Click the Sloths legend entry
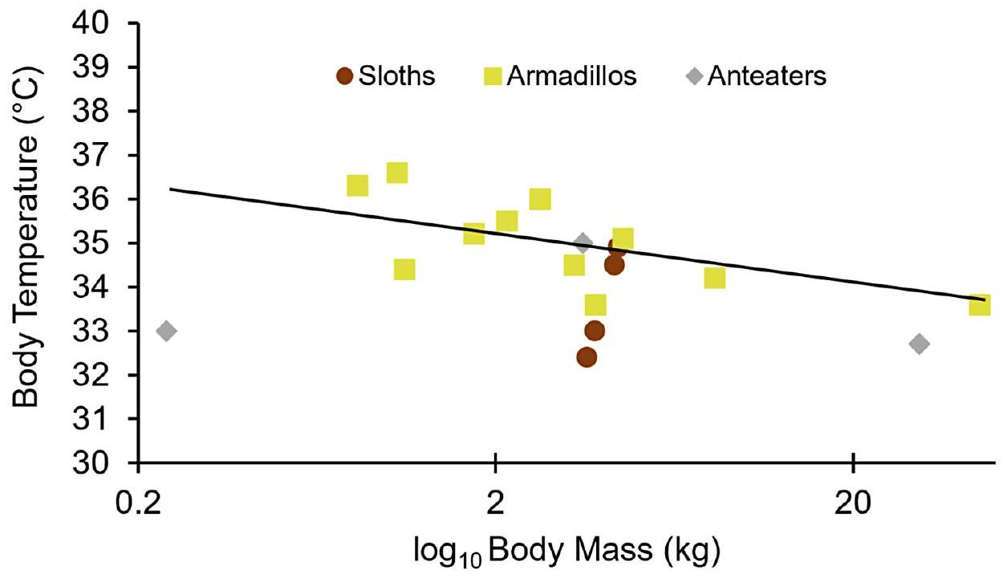386,76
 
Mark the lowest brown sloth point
587,357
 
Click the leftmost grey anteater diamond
166,331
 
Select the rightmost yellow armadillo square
980,304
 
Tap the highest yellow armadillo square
397,173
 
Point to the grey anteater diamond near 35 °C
583,243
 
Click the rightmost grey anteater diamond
920,344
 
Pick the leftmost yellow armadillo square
357,186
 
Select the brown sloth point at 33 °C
595,331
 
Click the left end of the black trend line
171,189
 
